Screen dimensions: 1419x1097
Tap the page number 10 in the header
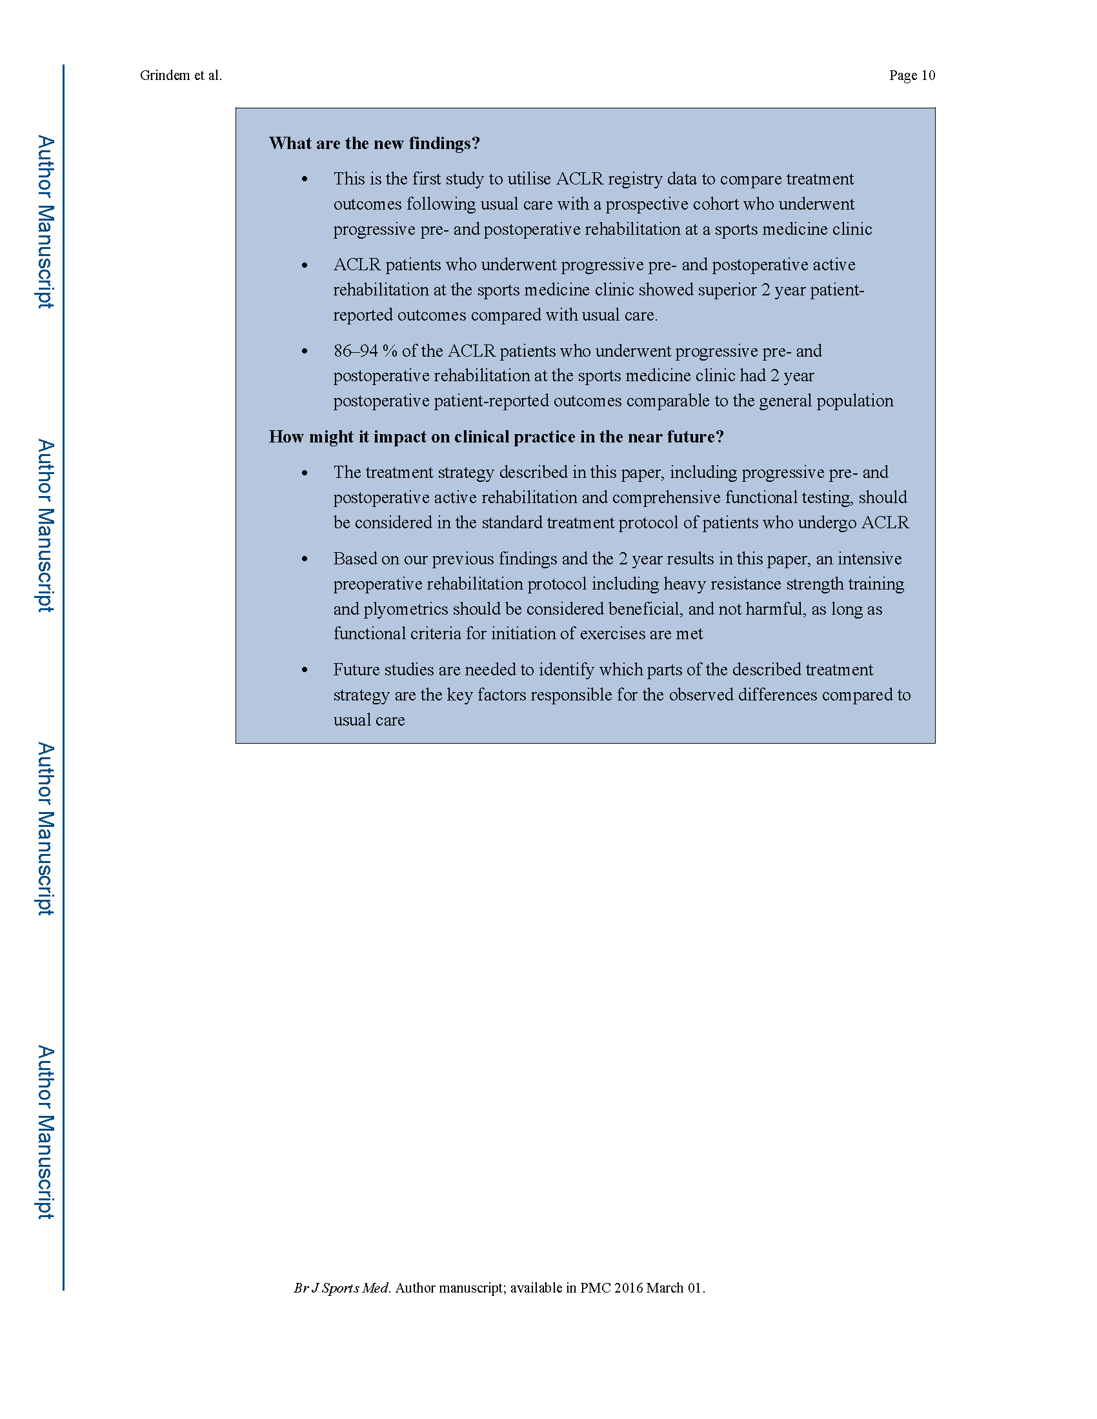[928, 75]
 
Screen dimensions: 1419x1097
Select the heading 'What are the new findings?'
[374, 144]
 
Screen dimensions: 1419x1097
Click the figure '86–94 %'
[365, 351]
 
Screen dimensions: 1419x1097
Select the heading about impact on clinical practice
[496, 437]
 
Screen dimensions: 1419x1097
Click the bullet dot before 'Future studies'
[304, 671]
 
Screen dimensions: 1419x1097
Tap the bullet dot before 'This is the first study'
[304, 179]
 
